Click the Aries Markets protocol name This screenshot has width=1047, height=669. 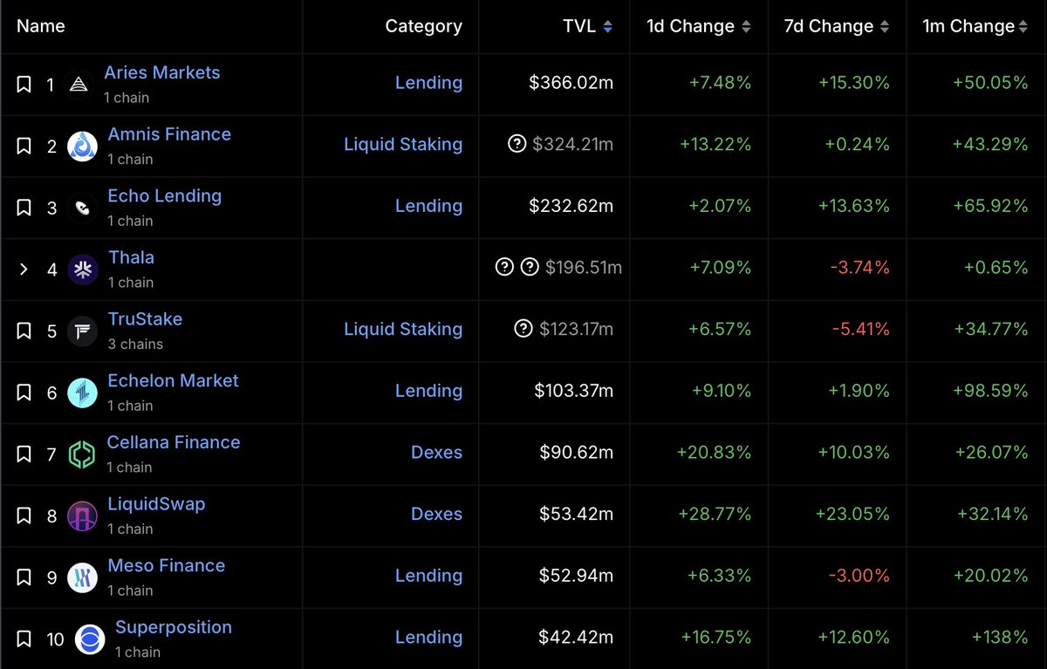click(161, 73)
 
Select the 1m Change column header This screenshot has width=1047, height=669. click(968, 27)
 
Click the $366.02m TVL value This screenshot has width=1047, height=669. click(571, 83)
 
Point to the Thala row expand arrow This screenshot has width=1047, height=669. click(24, 269)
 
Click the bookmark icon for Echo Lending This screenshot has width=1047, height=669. click(24, 208)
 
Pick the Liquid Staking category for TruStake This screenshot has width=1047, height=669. click(403, 329)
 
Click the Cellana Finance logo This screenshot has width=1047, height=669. click(82, 454)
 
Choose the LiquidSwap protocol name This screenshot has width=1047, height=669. click(156, 504)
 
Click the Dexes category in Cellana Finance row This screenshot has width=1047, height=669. click(436, 453)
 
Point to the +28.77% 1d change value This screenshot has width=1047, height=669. click(715, 514)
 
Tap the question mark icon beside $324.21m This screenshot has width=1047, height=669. click(517, 144)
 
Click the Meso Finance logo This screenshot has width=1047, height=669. click(82, 577)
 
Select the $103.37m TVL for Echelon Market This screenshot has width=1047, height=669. click(573, 391)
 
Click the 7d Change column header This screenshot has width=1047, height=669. click(830, 27)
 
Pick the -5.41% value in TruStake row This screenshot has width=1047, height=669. click(859, 329)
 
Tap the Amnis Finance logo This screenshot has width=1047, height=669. click(82, 146)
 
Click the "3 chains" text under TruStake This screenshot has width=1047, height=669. click(135, 345)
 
